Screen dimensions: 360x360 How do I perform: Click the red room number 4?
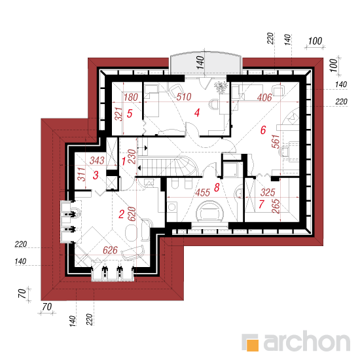pos(197,113)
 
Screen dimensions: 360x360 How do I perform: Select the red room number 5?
pos(130,113)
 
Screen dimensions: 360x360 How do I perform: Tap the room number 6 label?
pos(263,130)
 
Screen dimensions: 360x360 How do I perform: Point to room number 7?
pos(261,204)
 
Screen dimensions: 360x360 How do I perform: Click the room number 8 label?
pos(217,188)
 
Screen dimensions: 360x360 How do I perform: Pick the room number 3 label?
pos(96,175)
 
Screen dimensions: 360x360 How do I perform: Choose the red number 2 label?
pos(122,214)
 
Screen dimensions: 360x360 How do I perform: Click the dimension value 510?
pos(184,97)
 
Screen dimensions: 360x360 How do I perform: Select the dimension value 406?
pos(264,98)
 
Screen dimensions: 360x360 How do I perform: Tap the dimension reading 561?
pos(276,141)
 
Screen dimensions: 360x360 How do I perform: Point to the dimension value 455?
pos(203,192)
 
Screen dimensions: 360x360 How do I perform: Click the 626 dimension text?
pos(110,250)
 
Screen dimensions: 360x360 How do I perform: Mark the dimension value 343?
pos(97,160)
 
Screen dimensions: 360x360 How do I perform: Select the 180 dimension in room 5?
pos(131,97)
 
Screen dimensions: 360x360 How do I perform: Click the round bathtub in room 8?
pos(209,211)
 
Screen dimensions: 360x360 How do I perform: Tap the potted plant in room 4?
pos(221,87)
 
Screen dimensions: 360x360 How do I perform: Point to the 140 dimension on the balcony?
pos(200,62)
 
